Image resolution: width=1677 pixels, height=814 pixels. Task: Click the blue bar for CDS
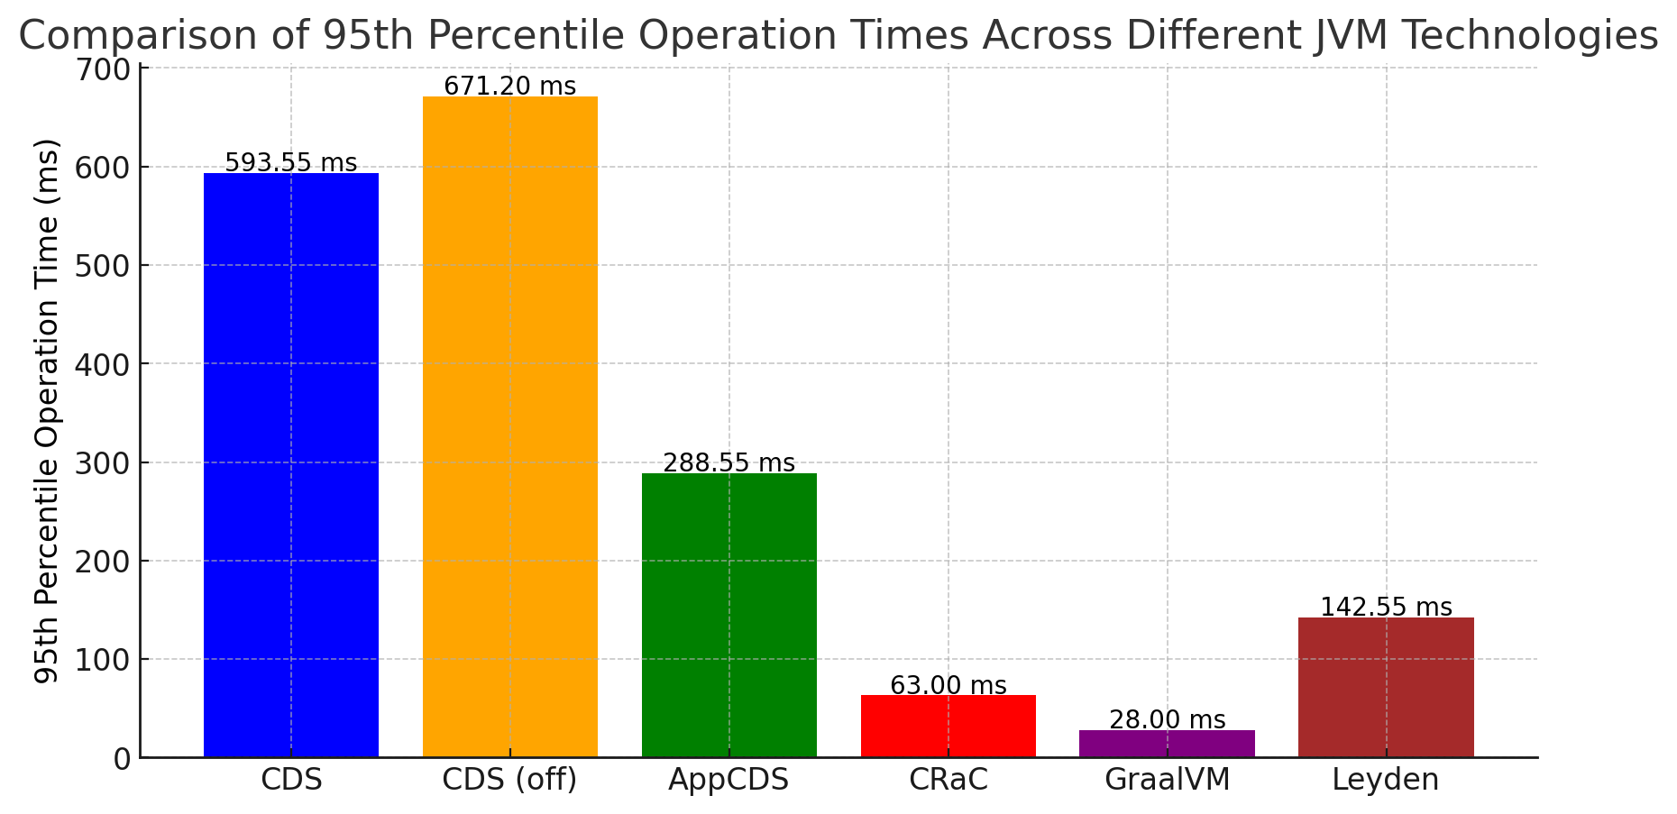[291, 464]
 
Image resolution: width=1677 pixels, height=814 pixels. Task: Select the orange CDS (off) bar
[510, 426]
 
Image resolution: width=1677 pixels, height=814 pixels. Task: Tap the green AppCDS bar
[729, 615]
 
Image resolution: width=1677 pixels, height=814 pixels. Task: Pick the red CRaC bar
[948, 726]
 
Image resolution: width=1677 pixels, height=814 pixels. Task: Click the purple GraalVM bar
[1167, 744]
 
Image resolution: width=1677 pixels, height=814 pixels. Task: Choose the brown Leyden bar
[1386, 687]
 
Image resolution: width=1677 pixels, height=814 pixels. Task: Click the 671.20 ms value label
[510, 87]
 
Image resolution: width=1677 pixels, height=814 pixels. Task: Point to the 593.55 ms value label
[291, 163]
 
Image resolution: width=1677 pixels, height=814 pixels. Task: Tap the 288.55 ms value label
[729, 463]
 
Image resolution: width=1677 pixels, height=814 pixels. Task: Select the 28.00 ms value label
[1167, 720]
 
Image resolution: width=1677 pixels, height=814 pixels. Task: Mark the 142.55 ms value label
[1386, 608]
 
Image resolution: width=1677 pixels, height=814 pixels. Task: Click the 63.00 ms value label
[948, 686]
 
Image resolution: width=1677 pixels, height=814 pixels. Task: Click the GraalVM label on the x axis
[1167, 780]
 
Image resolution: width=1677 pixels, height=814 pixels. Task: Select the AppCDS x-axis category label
[729, 780]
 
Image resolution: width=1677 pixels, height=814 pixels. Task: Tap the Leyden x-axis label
[1386, 780]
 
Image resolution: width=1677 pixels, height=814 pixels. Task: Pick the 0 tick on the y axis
[122, 759]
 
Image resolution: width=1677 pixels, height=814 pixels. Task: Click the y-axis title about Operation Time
[47, 411]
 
